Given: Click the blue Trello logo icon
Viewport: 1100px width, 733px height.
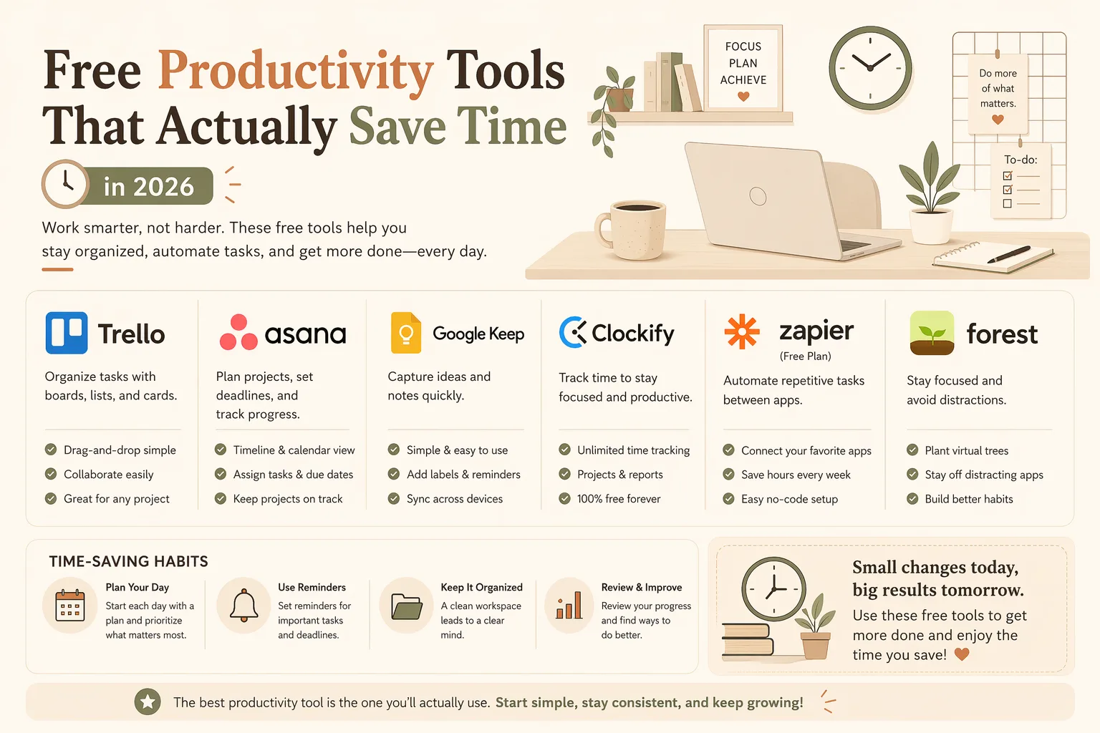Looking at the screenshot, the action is [67, 333].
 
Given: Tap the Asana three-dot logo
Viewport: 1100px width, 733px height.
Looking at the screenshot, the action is [238, 332].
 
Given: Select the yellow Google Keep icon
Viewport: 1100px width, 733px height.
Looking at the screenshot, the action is [405, 333].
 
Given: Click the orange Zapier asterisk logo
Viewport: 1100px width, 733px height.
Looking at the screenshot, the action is [741, 331].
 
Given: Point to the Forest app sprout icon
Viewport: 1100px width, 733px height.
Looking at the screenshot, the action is [932, 333].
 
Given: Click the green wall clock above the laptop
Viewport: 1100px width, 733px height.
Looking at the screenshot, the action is [870, 68].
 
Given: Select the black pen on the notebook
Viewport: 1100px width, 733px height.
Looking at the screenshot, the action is [1008, 254].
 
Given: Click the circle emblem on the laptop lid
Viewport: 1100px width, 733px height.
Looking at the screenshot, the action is [758, 196].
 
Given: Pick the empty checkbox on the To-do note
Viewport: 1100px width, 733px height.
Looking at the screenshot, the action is [1007, 203].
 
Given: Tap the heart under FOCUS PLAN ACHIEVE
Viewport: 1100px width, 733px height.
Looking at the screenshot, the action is [743, 97].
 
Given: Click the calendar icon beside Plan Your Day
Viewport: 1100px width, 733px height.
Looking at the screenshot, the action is [69, 606].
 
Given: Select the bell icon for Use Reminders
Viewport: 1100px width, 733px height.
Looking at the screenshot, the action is [244, 606].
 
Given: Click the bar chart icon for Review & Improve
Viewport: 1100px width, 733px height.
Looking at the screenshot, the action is [569, 606].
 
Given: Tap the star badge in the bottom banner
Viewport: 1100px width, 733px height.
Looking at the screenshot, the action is [148, 702].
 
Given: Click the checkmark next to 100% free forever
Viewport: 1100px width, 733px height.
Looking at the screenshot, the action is [565, 499].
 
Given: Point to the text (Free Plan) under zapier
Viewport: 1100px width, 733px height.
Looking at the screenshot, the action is [806, 356].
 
